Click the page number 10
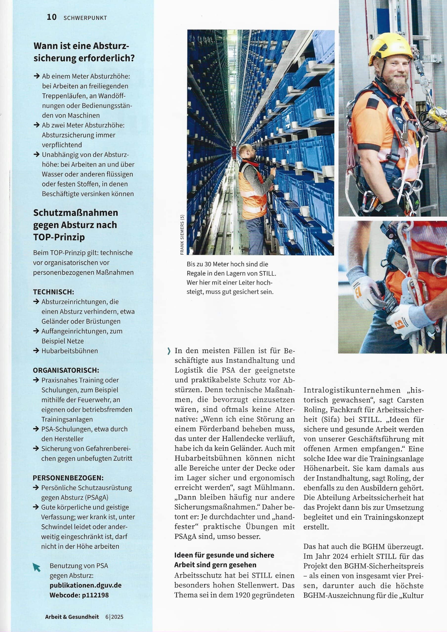[x=52, y=17]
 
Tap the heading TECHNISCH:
[x=53, y=292]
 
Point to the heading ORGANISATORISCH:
[x=66, y=370]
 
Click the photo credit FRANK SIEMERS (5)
[x=182, y=235]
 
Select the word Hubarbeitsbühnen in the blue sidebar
[x=70, y=351]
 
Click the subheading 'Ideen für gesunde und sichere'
[x=224, y=555]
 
